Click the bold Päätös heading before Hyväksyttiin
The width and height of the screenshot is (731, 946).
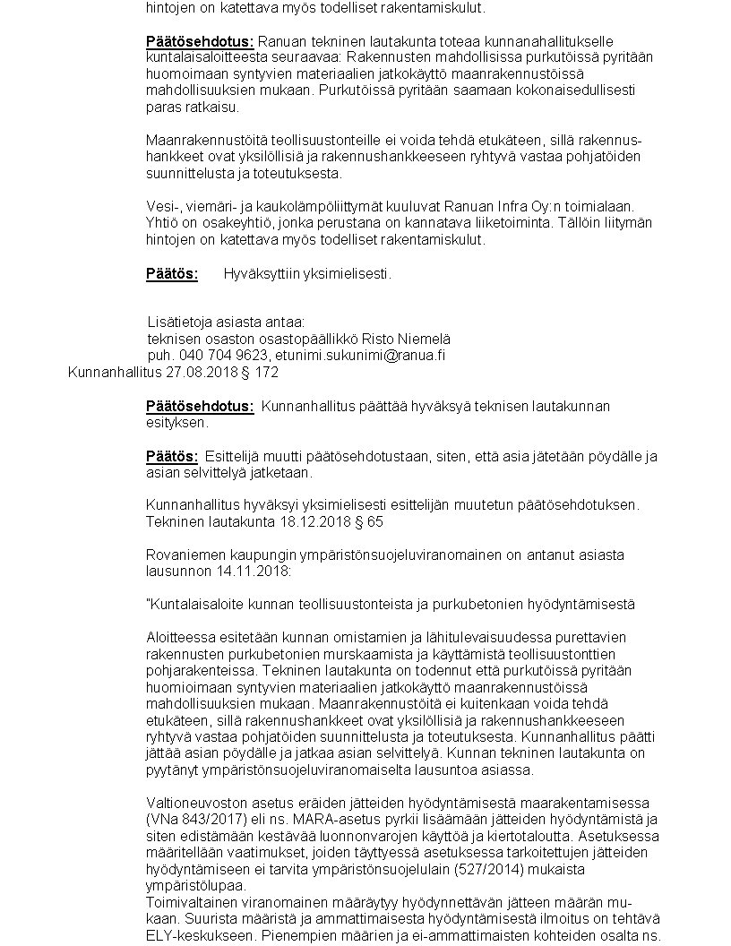click(x=171, y=273)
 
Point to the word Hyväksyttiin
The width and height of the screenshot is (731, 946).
click(x=259, y=273)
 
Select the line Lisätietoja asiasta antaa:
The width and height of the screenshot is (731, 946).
click(x=226, y=322)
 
